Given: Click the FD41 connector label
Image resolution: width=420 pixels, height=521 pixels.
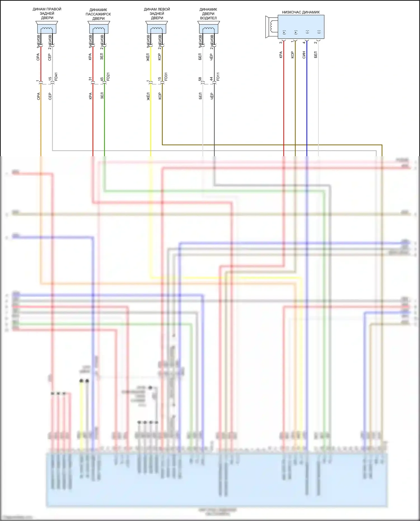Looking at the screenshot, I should pos(56,77).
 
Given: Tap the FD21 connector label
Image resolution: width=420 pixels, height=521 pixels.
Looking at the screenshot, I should pos(108,77).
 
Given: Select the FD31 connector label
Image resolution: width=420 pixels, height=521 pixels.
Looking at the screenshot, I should pos(166,77).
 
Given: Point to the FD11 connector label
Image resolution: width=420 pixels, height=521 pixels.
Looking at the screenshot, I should pos(218,77).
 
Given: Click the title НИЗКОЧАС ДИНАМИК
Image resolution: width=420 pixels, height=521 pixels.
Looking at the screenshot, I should pos(301,12).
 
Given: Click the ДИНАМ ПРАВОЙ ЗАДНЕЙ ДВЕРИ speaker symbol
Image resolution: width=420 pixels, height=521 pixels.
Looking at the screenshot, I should pos(47,27).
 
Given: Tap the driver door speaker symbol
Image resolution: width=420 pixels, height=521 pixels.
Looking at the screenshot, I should pos(208,27).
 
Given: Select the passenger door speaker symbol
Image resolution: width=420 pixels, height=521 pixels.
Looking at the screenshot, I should pos(99,27).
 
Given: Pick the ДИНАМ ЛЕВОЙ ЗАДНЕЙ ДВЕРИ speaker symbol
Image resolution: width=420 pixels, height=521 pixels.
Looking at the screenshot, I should pos(157,27).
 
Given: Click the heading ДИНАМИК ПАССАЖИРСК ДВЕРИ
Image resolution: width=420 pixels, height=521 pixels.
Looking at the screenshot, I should pos(98,14).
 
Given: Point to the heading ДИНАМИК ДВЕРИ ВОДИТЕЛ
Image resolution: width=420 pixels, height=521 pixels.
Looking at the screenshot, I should pos(208,14).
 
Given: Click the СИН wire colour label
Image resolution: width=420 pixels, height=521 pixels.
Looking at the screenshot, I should pos(304,55).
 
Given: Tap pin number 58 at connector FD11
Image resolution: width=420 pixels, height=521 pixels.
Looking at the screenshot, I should pos(200,79).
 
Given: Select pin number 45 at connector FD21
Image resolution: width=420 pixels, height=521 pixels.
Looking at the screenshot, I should pos(102,79).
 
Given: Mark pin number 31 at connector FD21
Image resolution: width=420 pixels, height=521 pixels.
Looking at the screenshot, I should pos(90,79).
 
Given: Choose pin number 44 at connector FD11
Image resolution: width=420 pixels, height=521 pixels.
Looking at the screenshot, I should pos(211,79).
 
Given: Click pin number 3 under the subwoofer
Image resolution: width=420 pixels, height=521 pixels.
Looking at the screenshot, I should pos(281,42).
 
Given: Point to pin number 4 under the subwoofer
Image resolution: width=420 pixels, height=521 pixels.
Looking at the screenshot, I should pos(304,42).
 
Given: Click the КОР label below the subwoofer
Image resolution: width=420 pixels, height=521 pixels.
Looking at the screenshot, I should pos(292,55).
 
